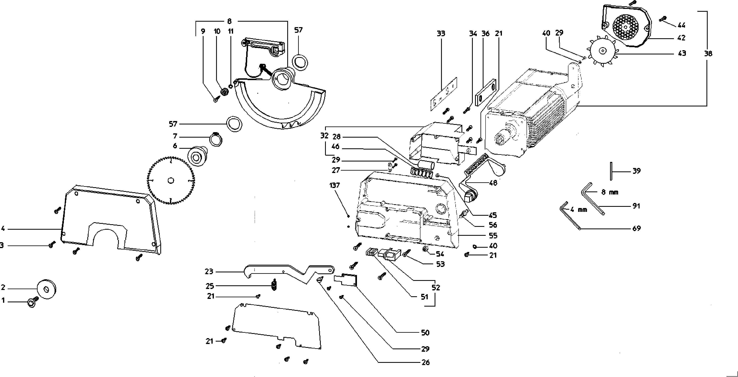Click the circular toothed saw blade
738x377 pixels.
click(x=171, y=180)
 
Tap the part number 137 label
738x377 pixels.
click(x=334, y=185)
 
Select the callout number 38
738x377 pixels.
click(x=708, y=54)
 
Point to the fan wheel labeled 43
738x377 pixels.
click(x=603, y=51)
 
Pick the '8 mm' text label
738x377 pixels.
click(x=609, y=192)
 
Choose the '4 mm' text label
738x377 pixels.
click(x=579, y=210)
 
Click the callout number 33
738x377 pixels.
click(x=441, y=34)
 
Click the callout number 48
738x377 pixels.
click(x=493, y=183)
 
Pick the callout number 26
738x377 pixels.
click(x=425, y=362)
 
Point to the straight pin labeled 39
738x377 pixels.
click(x=611, y=171)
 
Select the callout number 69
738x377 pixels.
click(x=636, y=228)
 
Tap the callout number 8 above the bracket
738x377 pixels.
click(x=229, y=21)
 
